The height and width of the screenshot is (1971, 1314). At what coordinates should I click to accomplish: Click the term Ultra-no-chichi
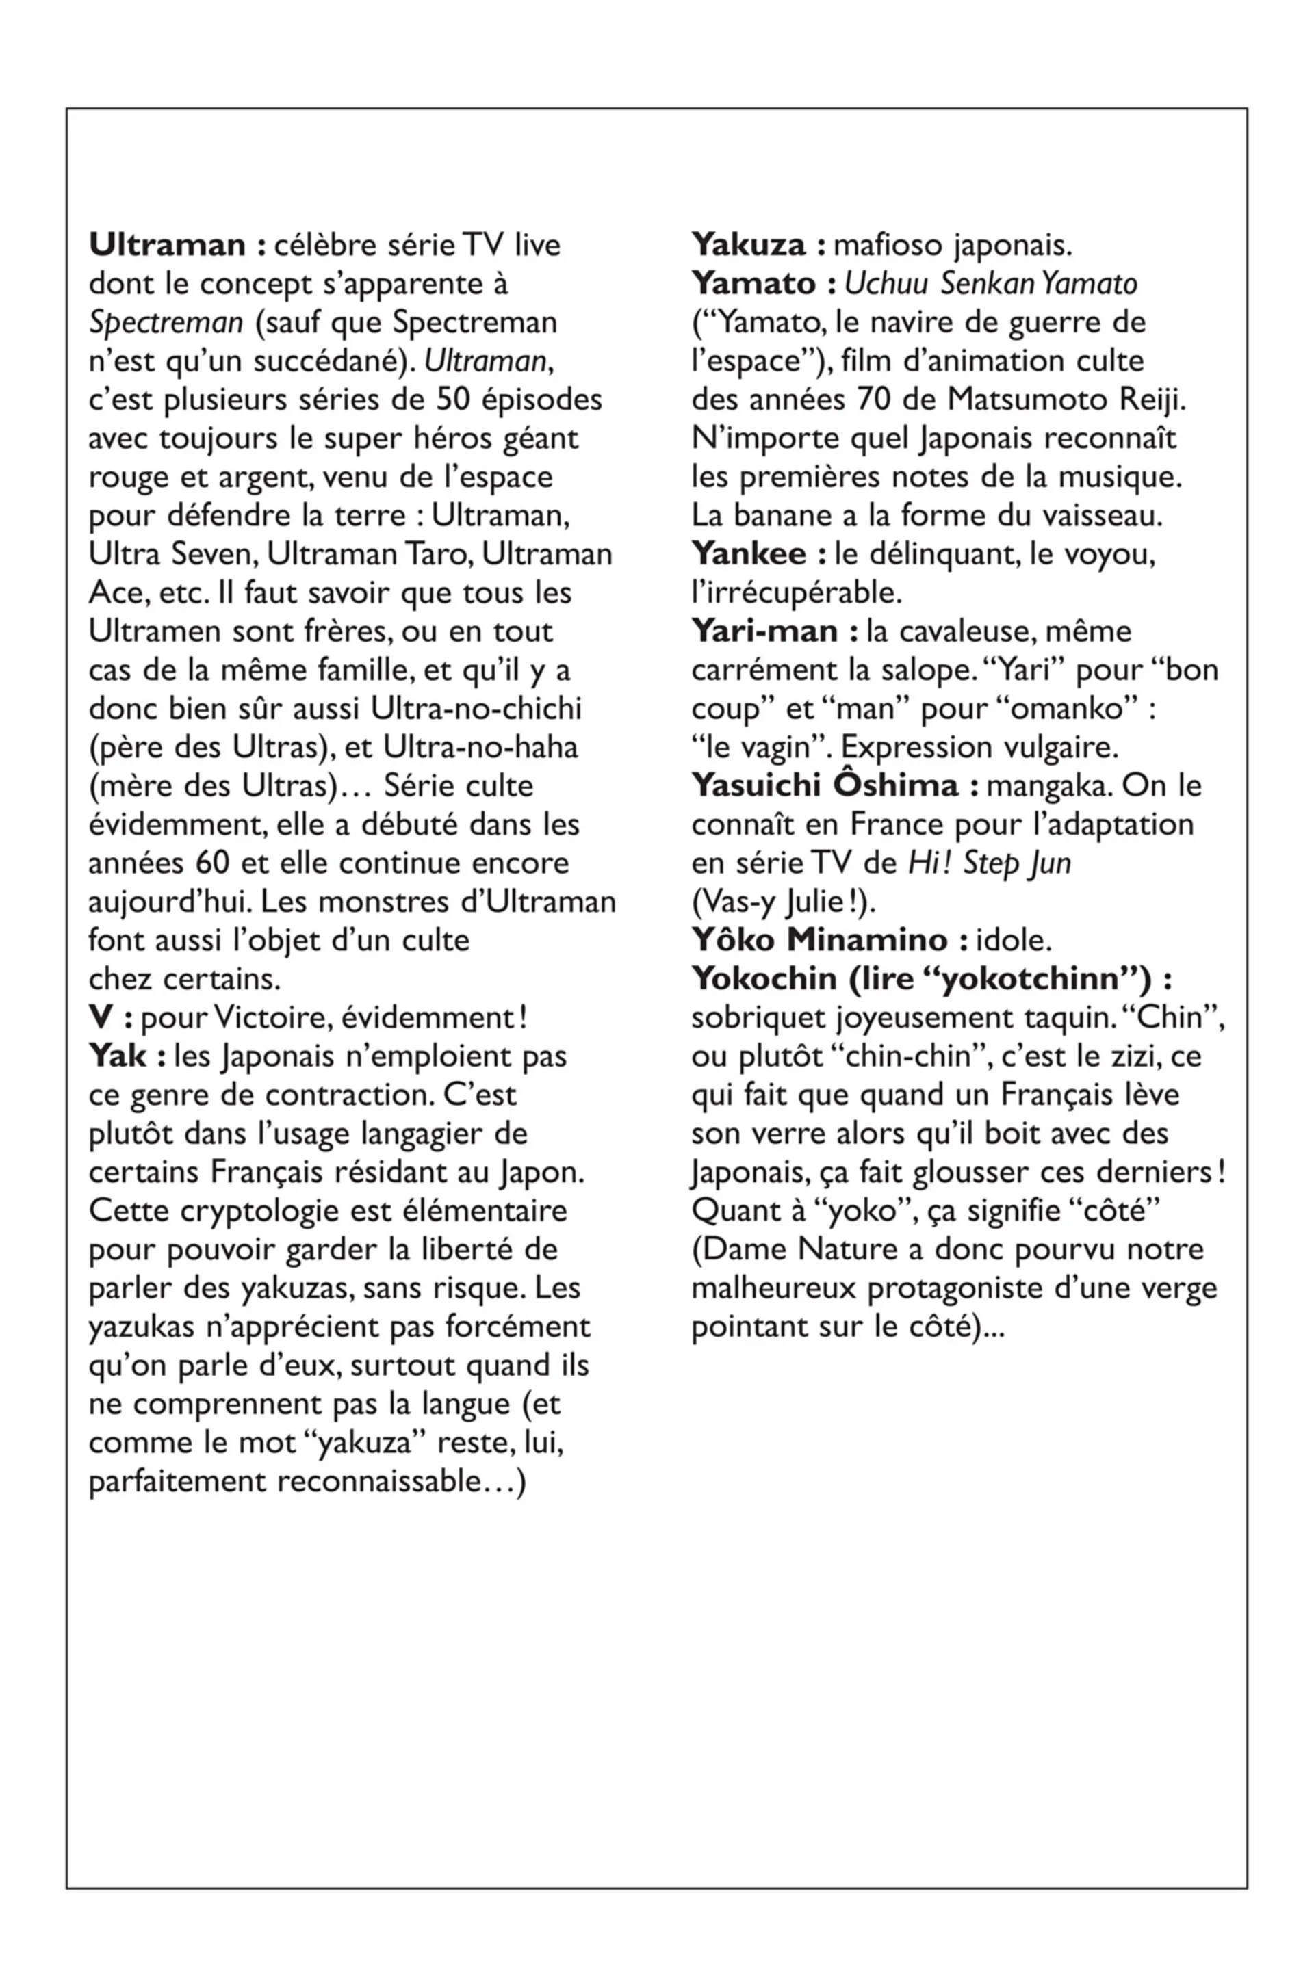[476, 709]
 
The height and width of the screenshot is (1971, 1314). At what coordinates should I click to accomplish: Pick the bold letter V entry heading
[101, 1018]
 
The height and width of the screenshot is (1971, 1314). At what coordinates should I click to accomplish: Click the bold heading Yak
[117, 1056]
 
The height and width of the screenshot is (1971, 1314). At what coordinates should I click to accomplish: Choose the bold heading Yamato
[753, 284]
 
